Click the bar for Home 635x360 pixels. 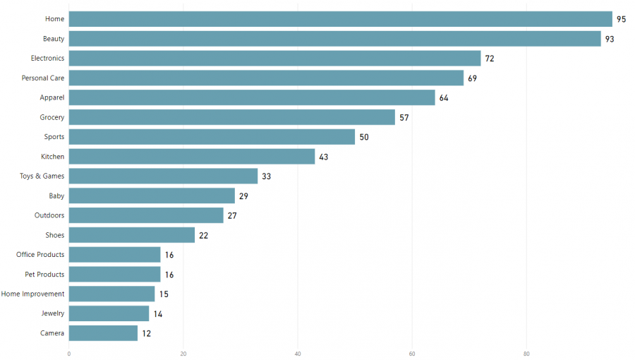coord(340,19)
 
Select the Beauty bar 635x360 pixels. coord(334,39)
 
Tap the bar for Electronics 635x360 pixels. coord(274,58)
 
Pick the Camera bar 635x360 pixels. coord(103,333)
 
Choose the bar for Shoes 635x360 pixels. coord(131,235)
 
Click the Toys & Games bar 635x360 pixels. coord(163,176)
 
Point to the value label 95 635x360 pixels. coord(621,19)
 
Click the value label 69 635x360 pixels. coord(472,78)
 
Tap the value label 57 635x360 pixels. coord(404,117)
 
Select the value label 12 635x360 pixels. coord(146,333)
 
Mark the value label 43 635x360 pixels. coord(324,157)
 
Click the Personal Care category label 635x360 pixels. coord(43,78)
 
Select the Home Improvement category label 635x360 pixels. coord(32,294)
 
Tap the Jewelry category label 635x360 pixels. coord(53,313)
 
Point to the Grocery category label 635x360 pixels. coord(52,117)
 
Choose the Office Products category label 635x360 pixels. coord(40,254)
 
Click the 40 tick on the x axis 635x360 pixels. coord(298,353)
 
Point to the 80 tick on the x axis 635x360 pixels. coord(526,353)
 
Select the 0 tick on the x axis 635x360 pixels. coord(69,353)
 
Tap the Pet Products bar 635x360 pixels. coord(114,274)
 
